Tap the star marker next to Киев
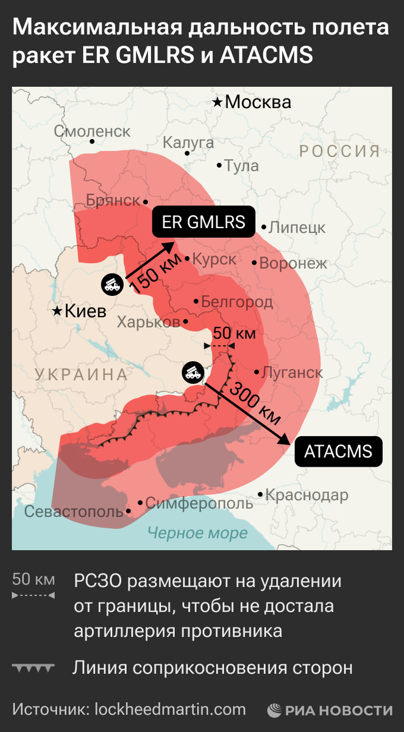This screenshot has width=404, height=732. pos(57,312)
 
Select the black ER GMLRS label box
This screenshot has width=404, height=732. pos(204,222)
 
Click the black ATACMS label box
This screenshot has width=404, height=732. pos(338,452)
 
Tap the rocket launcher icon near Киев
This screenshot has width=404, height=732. pos(112,284)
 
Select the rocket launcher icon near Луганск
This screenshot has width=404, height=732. pos(193,373)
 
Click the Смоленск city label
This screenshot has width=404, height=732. pos(92,131)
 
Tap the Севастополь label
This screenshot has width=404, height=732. pos(73,512)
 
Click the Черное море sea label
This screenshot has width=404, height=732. pos(197,533)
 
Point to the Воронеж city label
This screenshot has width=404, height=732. pos(293,264)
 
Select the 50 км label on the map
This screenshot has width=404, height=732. pos(234,334)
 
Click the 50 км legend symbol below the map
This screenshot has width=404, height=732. pos(34,586)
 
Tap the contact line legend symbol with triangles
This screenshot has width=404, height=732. pos(34,669)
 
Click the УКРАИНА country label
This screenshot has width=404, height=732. pos(81,375)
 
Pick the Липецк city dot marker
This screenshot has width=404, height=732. pos(264,228)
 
